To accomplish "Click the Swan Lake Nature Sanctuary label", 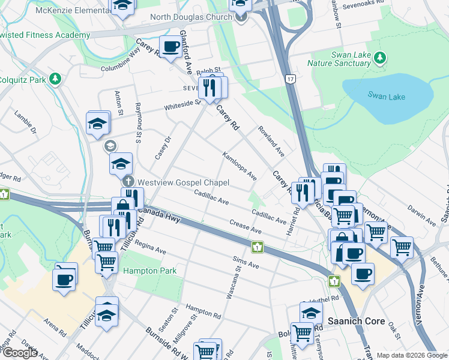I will tap(339, 58).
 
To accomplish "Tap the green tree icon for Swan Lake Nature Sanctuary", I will tap(379, 58).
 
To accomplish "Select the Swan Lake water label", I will tap(387, 97).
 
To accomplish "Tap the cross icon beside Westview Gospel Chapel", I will tap(127, 182).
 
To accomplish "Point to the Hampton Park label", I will tap(150, 271).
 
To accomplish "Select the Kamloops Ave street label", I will tap(240, 166).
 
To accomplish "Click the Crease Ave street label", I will tap(246, 226).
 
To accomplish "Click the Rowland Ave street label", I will tap(271, 142).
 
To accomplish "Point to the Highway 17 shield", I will tap(291, 79).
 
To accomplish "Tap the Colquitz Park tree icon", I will tap(55, 79).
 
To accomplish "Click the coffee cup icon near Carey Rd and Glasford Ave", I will tap(170, 47).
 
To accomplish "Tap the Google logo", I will tap(20, 353).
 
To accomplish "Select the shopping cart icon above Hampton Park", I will tap(106, 262).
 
